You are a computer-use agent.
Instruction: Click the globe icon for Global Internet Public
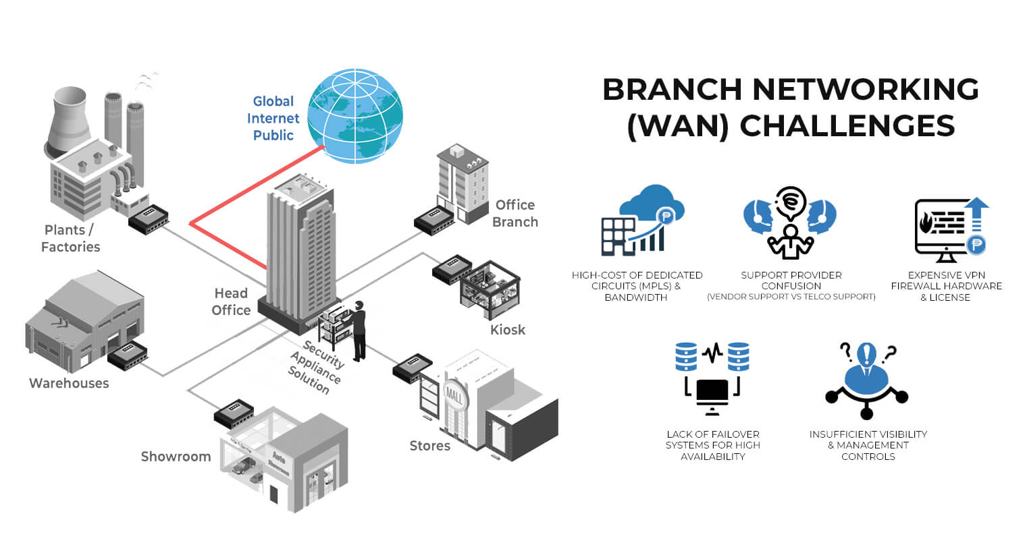click(355, 116)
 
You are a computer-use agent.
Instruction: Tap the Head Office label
click(231, 301)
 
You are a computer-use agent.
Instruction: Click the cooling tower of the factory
click(70, 118)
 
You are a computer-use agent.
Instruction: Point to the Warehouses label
click(69, 383)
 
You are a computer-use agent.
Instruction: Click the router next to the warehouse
click(128, 355)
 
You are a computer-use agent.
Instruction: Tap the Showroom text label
click(176, 457)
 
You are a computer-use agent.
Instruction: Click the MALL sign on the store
click(454, 397)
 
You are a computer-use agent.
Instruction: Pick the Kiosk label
click(508, 330)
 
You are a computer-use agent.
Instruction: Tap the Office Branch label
click(515, 213)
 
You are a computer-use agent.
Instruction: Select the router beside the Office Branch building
click(433, 221)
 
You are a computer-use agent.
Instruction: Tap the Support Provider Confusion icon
click(790, 223)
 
